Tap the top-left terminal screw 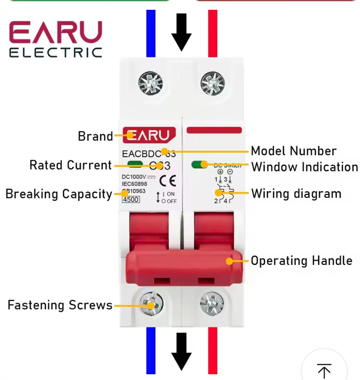point(150,83)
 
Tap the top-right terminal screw point(212,83)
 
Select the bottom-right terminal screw point(212,303)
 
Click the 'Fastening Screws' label point(60,305)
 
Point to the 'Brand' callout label point(95,136)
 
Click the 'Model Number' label point(294,151)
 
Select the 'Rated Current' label point(70,165)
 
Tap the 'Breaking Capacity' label point(59,194)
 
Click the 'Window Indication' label point(305,167)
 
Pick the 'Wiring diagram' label point(296,194)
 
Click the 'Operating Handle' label point(301,261)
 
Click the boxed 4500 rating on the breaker point(130,199)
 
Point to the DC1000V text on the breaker point(134,177)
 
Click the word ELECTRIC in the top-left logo point(56,52)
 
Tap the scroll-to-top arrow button point(324,371)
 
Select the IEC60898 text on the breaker point(134,184)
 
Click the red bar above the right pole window point(214,130)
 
